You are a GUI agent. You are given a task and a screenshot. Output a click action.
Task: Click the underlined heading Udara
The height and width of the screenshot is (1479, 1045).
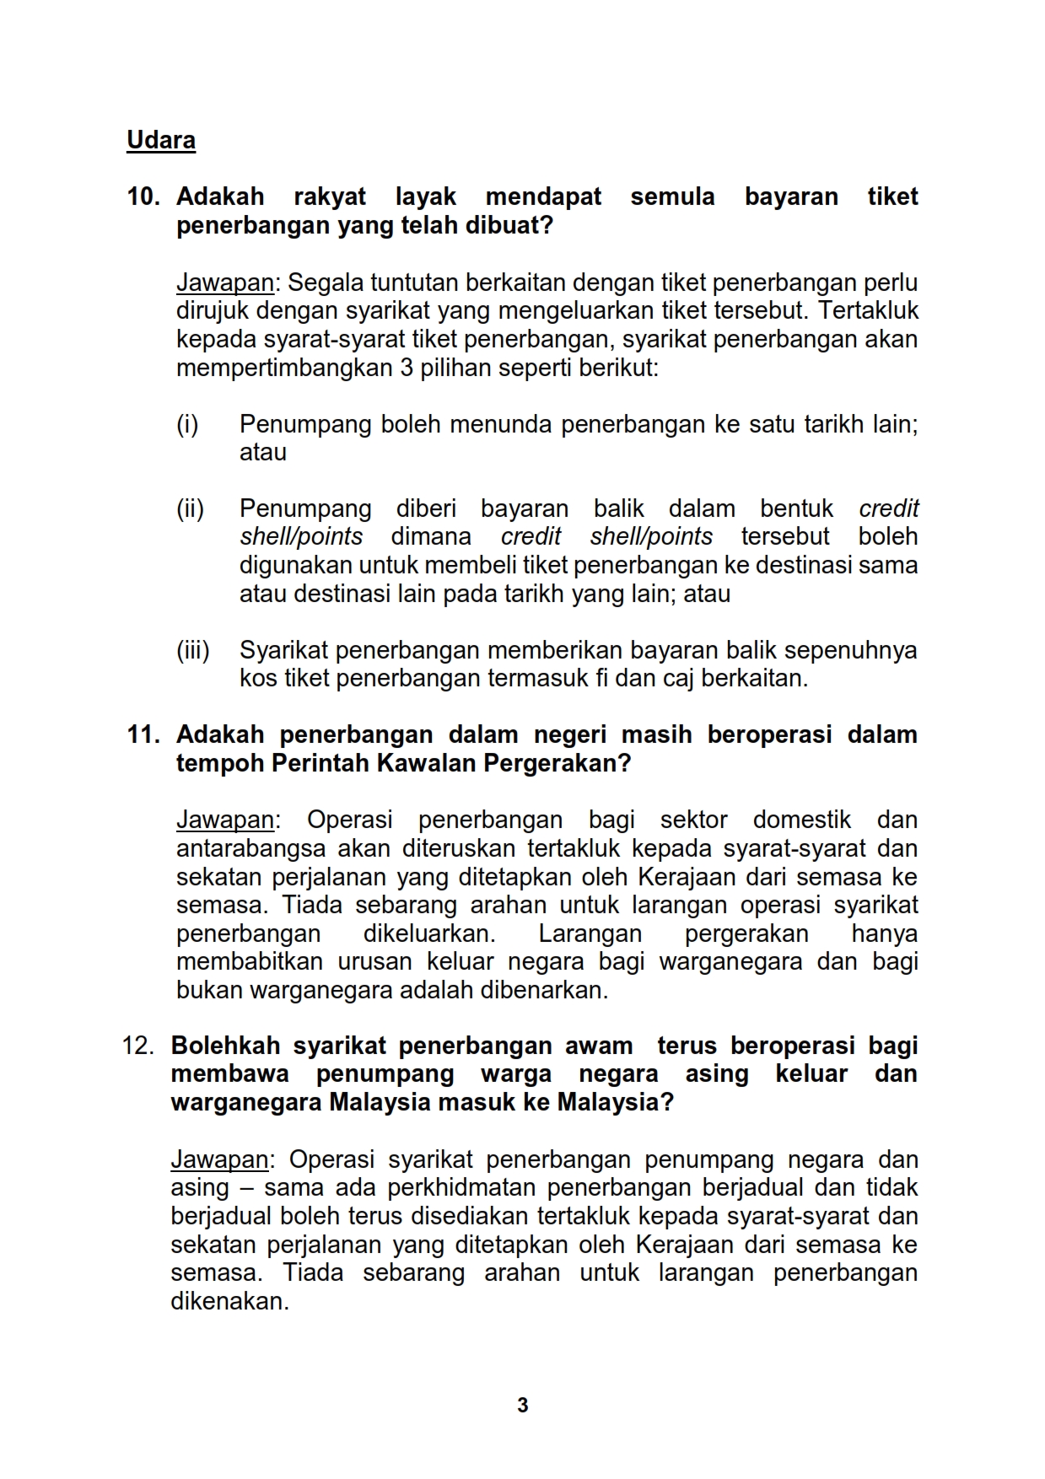pos(160,140)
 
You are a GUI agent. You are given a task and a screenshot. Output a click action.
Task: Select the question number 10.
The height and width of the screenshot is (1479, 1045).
pos(143,197)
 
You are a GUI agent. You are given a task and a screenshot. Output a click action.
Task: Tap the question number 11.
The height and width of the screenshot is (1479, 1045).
pos(143,735)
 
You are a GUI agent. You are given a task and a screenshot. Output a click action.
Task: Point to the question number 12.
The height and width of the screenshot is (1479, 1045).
pos(137,1046)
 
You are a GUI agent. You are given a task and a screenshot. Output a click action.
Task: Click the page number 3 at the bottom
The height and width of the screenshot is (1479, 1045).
pos(523,1406)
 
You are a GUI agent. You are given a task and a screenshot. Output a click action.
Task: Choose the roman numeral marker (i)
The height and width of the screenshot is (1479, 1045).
pos(187,424)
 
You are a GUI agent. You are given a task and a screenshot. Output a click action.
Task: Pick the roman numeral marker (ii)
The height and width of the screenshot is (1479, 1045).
pos(190,509)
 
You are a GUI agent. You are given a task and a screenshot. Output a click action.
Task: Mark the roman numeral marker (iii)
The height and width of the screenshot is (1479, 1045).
pos(192,651)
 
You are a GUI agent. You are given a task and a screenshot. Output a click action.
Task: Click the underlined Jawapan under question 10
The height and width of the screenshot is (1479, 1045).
pos(224,283)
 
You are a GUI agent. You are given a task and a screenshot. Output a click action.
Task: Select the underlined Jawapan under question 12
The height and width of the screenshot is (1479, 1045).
pos(219,1160)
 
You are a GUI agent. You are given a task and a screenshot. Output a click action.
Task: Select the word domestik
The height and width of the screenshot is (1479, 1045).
pos(801,820)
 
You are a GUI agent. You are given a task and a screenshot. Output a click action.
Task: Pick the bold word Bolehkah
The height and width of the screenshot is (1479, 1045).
pos(225,1046)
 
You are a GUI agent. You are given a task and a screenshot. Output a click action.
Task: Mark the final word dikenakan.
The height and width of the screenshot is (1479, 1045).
pos(229,1302)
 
